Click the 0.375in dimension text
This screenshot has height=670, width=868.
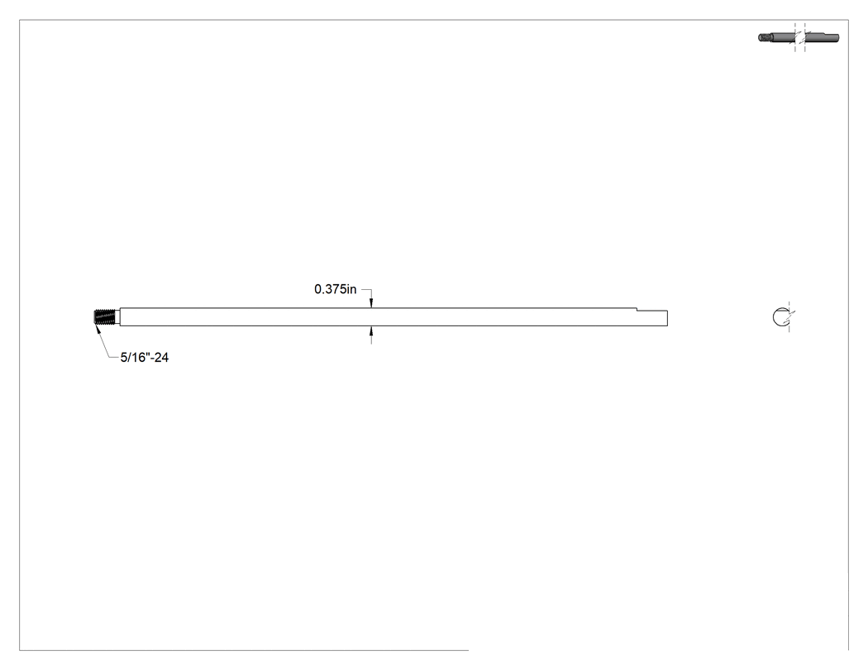335,289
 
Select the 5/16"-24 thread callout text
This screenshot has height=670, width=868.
145,358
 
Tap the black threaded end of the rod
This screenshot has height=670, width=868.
104,317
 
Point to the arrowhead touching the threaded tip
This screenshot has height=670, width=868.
98,327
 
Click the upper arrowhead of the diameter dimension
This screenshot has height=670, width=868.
371,303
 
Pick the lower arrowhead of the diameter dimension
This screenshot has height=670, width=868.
371,330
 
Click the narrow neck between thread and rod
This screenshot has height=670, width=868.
117,317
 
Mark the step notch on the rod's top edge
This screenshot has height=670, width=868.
637,310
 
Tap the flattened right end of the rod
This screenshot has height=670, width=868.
652,318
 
